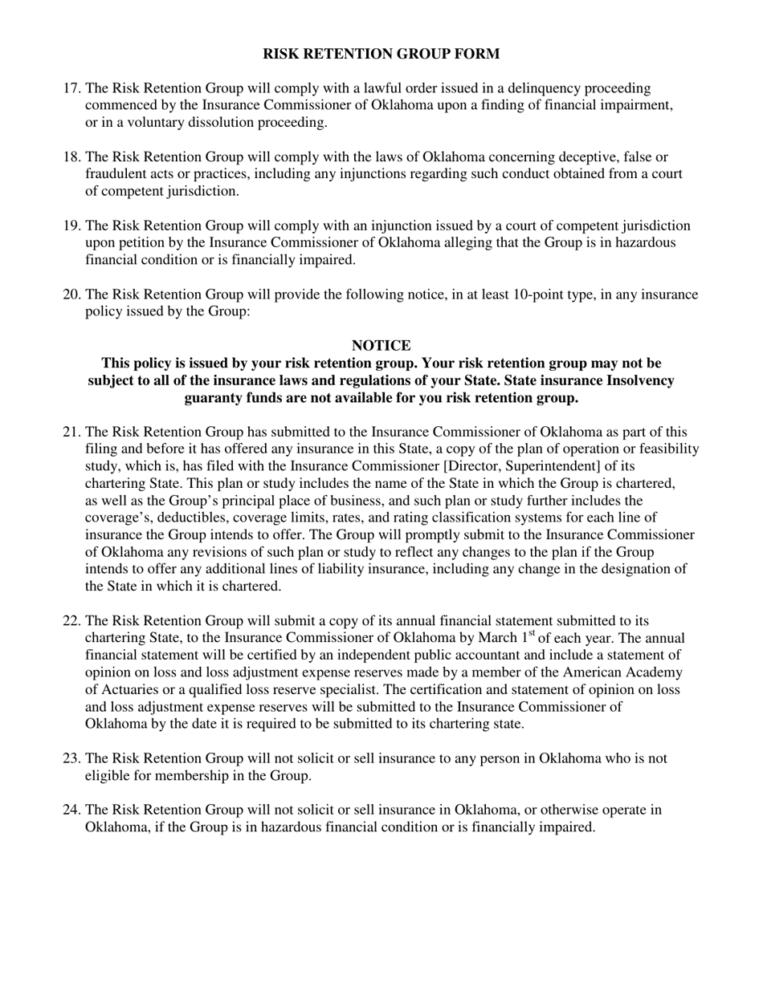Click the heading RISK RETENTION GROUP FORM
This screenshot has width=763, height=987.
(381, 54)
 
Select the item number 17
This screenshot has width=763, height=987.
(71, 88)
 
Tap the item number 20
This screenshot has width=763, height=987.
(71, 294)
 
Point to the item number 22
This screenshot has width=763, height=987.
(71, 621)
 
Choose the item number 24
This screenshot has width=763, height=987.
(71, 810)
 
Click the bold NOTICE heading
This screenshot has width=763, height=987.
(381, 346)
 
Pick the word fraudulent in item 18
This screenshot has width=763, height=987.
(118, 174)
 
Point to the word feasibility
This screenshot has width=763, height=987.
(664, 449)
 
